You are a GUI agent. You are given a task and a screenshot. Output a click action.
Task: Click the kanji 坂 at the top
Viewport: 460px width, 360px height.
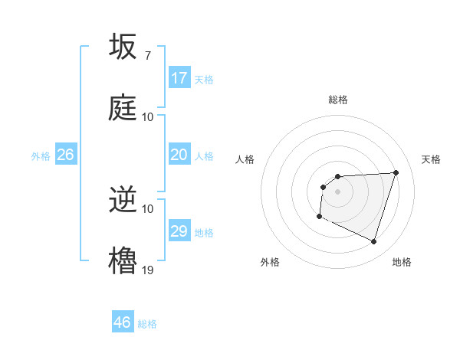[123, 47]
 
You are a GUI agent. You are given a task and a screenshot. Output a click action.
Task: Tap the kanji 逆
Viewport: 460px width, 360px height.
[123, 201]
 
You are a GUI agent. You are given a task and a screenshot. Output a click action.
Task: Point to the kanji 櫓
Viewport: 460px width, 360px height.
[123, 260]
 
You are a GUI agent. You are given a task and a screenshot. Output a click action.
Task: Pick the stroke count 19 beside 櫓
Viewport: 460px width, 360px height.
[148, 270]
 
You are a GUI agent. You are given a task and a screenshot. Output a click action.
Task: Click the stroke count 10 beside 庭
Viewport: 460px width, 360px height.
[148, 117]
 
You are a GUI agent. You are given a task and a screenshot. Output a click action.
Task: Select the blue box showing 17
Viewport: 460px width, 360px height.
[179, 78]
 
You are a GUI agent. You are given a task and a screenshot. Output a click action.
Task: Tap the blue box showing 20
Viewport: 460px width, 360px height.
[179, 155]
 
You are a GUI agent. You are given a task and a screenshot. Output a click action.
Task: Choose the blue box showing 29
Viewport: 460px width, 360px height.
[179, 231]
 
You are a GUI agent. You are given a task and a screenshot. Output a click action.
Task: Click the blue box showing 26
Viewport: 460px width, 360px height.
[65, 155]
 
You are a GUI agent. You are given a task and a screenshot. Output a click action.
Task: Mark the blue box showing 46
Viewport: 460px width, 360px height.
[123, 322]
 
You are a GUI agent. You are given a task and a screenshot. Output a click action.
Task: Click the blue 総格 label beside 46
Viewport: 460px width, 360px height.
[147, 324]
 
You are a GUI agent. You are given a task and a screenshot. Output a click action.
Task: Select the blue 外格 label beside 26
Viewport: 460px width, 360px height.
[41, 156]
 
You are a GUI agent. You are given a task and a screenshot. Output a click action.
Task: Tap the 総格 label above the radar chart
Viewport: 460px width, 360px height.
[338, 100]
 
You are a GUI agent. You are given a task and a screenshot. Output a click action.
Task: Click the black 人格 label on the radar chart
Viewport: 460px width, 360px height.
[245, 159]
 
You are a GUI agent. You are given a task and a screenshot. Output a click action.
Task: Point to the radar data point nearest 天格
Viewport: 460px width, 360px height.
[396, 172]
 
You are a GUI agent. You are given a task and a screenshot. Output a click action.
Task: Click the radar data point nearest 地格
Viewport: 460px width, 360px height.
[373, 242]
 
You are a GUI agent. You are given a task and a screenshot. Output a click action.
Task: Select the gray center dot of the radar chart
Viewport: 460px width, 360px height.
[338, 191]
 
